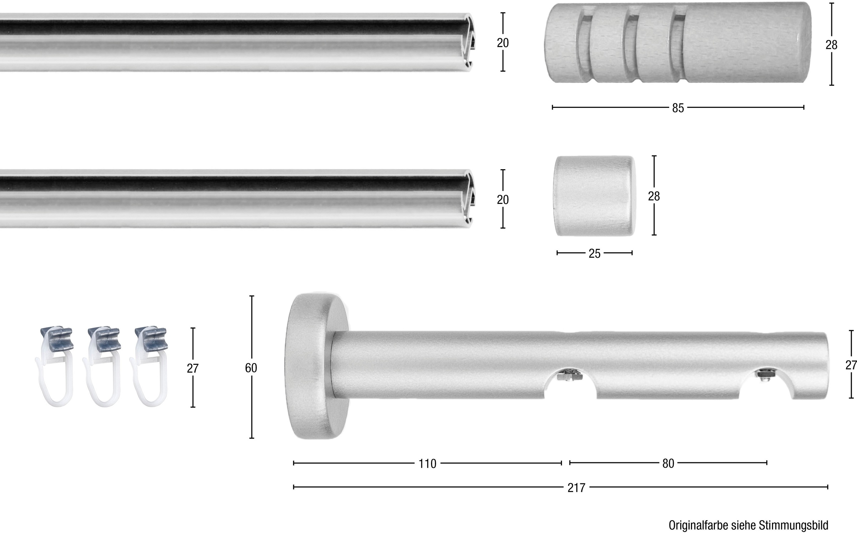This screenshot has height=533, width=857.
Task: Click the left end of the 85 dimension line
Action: [x=552, y=107]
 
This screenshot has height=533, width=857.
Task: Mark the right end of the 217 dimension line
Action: [x=828, y=487]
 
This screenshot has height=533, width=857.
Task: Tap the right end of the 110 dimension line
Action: [x=561, y=463]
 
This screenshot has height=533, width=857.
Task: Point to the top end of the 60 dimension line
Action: [x=252, y=296]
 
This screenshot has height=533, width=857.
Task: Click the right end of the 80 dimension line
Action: [x=767, y=463]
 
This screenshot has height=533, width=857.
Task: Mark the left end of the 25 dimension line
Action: [x=557, y=253]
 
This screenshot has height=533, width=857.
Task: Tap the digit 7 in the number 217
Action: [x=582, y=488]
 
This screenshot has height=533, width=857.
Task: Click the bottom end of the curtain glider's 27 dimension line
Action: [x=193, y=407]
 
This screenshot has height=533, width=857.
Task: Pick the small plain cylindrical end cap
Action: [x=594, y=196]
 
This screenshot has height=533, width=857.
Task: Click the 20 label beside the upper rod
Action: [x=503, y=43]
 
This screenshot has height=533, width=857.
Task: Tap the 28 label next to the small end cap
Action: [x=654, y=196]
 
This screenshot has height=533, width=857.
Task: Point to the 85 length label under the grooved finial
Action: [x=678, y=108]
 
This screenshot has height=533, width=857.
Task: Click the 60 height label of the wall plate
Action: [x=251, y=368]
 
